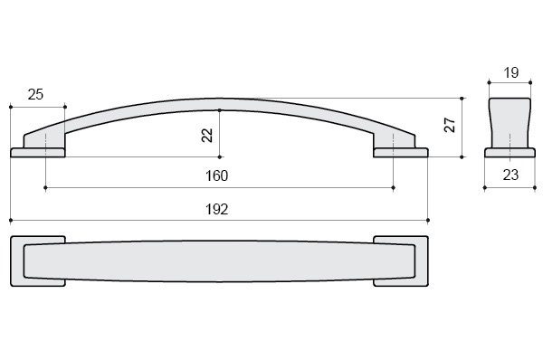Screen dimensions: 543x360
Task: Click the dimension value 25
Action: [x=35, y=94]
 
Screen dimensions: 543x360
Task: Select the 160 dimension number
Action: [x=217, y=175]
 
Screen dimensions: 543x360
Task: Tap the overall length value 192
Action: [x=217, y=209]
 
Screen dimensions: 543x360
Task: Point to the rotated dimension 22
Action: [x=207, y=136]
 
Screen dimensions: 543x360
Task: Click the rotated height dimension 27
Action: [x=450, y=125]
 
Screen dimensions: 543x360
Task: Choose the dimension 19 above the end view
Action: [x=511, y=72]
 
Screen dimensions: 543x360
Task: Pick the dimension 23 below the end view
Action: [x=510, y=175]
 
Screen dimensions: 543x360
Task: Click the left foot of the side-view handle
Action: [x=38, y=153]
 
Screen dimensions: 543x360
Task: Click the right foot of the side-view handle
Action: [x=401, y=153]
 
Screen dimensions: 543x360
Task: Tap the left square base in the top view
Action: [x=17, y=261]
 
